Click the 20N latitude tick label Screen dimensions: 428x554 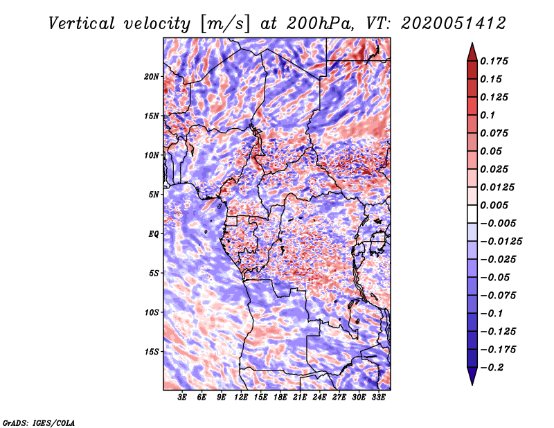(152, 76)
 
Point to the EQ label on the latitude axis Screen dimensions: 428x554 (154, 234)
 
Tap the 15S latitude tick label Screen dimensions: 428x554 (152, 352)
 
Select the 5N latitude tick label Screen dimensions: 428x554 (154, 195)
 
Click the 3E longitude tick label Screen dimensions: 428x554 (182, 398)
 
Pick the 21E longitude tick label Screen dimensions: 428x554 (300, 398)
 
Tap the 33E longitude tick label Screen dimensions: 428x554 (377, 398)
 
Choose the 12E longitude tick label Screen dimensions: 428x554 (241, 398)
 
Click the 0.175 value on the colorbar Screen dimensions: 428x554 (496, 61)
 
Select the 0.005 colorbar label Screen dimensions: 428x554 (496, 205)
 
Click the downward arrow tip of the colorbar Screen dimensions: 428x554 (471, 383)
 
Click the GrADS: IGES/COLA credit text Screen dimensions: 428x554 (39, 422)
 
